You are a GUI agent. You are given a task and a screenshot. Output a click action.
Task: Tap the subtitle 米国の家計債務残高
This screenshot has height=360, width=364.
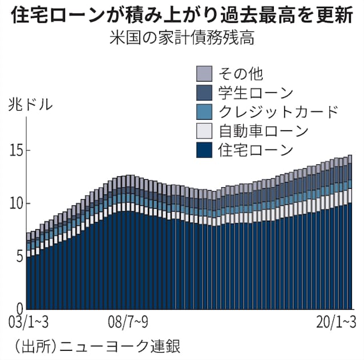pos(181,39)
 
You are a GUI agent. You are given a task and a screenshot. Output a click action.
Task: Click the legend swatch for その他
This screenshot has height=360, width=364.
pos(204,73)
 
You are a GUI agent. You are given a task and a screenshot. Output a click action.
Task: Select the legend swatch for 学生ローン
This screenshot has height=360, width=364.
pos(204,92)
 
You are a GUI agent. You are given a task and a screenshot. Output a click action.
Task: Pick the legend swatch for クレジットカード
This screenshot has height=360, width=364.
pos(204,111)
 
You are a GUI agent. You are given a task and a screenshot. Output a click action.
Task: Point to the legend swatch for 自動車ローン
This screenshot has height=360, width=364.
pos(204,131)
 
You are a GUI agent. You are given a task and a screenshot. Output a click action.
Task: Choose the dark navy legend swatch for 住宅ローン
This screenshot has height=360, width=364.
pos(204,150)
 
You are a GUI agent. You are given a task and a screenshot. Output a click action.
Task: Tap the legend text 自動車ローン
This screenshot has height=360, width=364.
pos(263,131)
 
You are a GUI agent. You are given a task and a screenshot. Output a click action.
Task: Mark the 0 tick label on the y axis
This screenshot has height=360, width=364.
pos(19,307)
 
